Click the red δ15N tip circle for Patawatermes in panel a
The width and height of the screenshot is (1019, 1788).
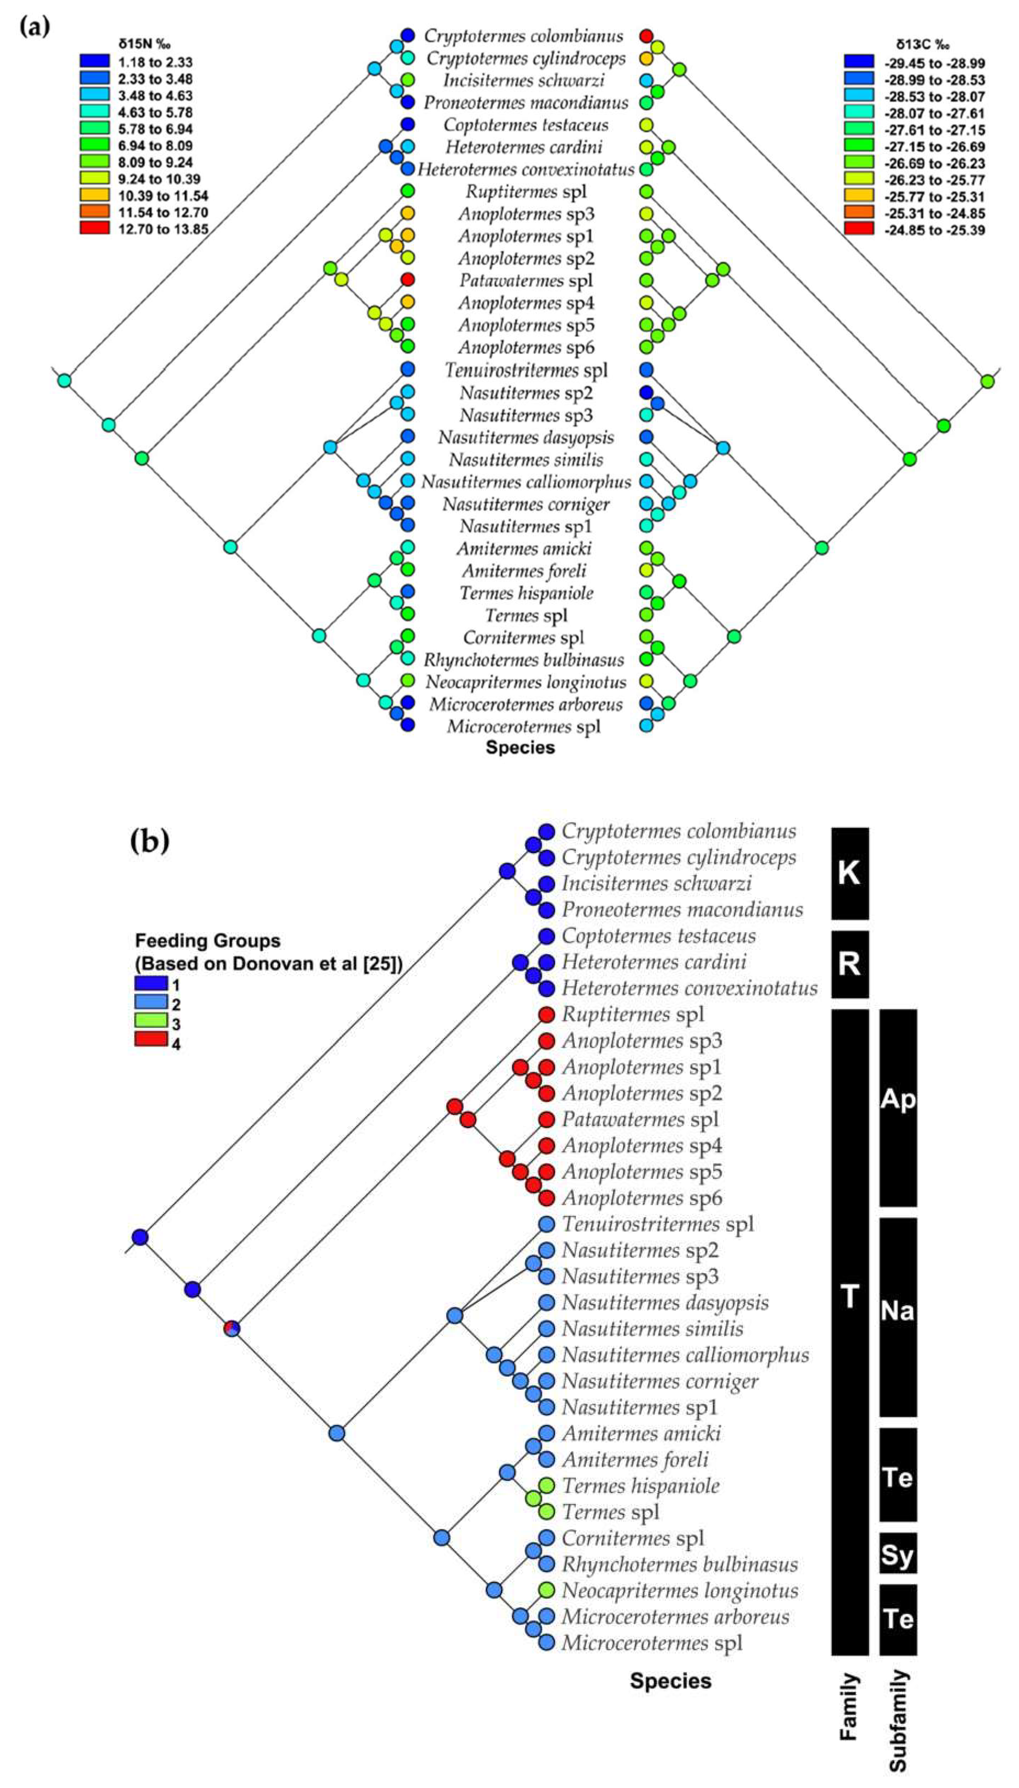pos(408,280)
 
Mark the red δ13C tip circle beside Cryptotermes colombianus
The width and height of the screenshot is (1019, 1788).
pos(647,36)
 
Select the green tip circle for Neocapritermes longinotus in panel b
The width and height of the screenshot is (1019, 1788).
pos(547,1590)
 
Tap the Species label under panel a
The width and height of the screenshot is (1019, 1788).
pos(520,748)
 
